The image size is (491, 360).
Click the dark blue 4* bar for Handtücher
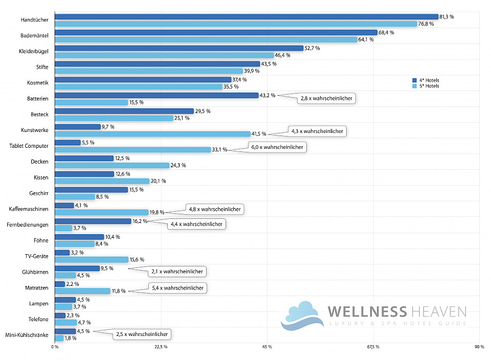coord(245,17)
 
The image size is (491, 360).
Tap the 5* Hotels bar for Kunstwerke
coord(152,134)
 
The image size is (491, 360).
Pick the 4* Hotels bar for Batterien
coord(156,95)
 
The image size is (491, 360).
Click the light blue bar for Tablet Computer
coord(132,150)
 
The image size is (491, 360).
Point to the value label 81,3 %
coord(447,17)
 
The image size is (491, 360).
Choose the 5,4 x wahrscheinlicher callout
coord(177,288)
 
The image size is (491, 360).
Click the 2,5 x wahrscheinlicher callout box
coord(142,334)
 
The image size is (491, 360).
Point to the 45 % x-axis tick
coord(266,347)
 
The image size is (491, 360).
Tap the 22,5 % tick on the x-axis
coord(161,347)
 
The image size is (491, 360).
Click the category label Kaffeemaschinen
coord(29,209)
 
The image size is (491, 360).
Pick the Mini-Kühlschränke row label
coord(27,335)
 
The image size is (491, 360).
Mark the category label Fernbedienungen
coord(28,224)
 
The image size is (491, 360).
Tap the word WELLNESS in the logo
coord(367,311)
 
